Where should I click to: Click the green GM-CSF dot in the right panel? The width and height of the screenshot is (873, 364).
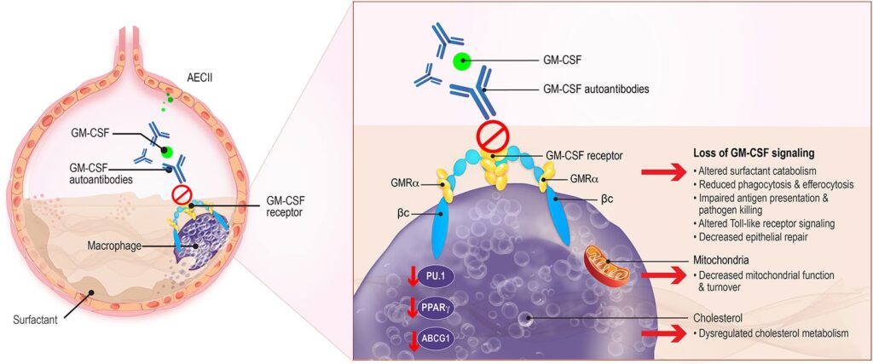tap(462, 61)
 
